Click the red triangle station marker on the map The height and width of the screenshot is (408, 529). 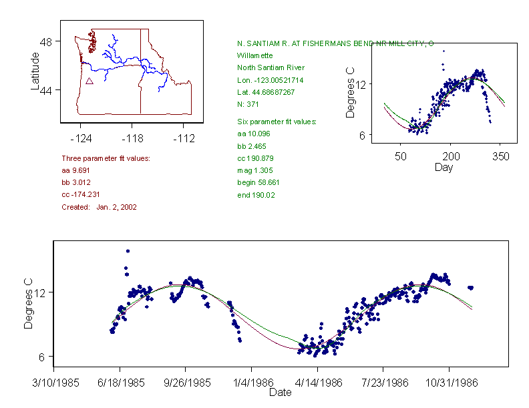(89, 81)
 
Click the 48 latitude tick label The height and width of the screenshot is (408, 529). (47, 41)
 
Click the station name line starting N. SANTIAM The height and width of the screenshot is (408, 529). (335, 43)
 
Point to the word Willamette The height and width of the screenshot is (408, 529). (255, 55)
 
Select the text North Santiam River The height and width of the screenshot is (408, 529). (271, 67)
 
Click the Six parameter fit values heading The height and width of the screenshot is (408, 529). (277, 122)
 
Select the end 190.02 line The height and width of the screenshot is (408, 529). (256, 195)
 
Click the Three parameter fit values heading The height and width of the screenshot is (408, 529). (106, 158)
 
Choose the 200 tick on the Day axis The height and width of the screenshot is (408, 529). (451, 156)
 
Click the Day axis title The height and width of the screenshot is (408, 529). (443, 167)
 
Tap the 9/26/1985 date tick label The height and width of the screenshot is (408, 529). (186, 385)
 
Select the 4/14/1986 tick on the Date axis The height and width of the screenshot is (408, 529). (317, 385)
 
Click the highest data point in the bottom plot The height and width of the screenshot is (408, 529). (128, 251)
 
